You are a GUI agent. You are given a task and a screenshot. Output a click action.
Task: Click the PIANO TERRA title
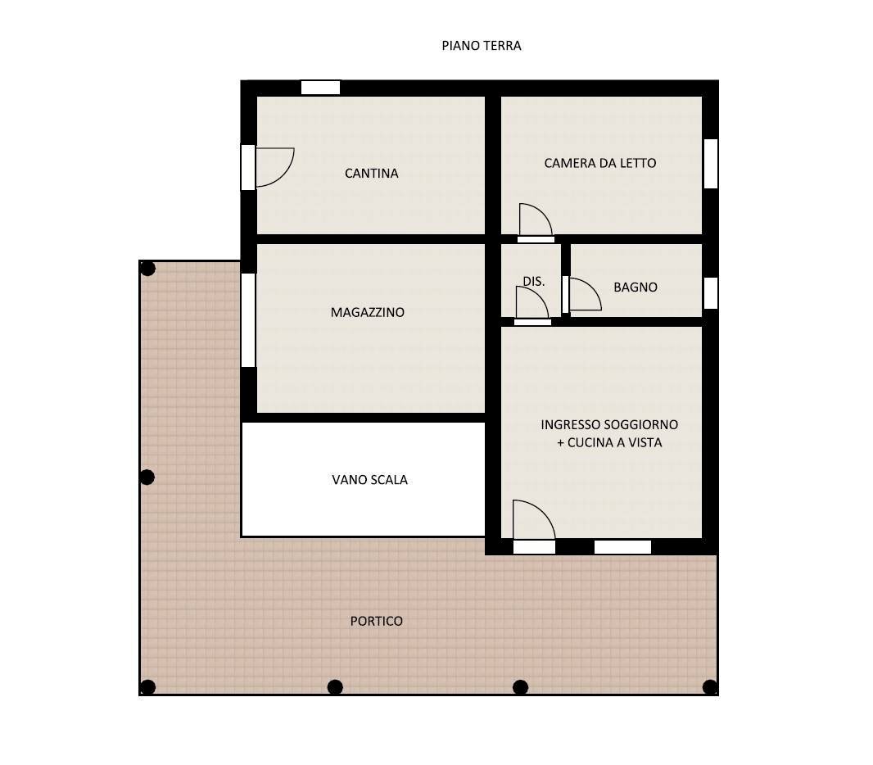481,46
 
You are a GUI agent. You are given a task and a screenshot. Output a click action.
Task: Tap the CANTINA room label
371,174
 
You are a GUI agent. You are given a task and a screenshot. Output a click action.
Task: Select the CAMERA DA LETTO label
599,163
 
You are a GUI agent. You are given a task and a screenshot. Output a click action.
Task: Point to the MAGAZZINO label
367,312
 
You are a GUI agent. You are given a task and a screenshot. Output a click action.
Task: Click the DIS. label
533,281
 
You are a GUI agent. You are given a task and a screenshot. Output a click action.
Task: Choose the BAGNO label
635,287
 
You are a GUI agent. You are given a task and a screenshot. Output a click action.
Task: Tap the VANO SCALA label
369,480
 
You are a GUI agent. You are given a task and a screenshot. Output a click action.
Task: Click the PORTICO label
376,622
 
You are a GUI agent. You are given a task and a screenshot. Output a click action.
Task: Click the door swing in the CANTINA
274,166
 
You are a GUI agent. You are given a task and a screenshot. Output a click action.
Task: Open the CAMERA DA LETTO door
534,221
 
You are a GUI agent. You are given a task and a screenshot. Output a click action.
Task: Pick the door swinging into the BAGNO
583,295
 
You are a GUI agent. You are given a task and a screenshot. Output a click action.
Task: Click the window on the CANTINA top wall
320,88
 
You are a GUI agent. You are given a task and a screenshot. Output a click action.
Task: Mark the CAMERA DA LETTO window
710,164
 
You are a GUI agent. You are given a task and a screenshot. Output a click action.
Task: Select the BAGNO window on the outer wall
710,293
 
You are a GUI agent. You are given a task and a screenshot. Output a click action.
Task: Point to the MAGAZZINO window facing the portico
248,319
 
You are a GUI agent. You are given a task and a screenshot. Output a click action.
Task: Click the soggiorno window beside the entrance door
622,547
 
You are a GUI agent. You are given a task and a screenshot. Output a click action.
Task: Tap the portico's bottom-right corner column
709,687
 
